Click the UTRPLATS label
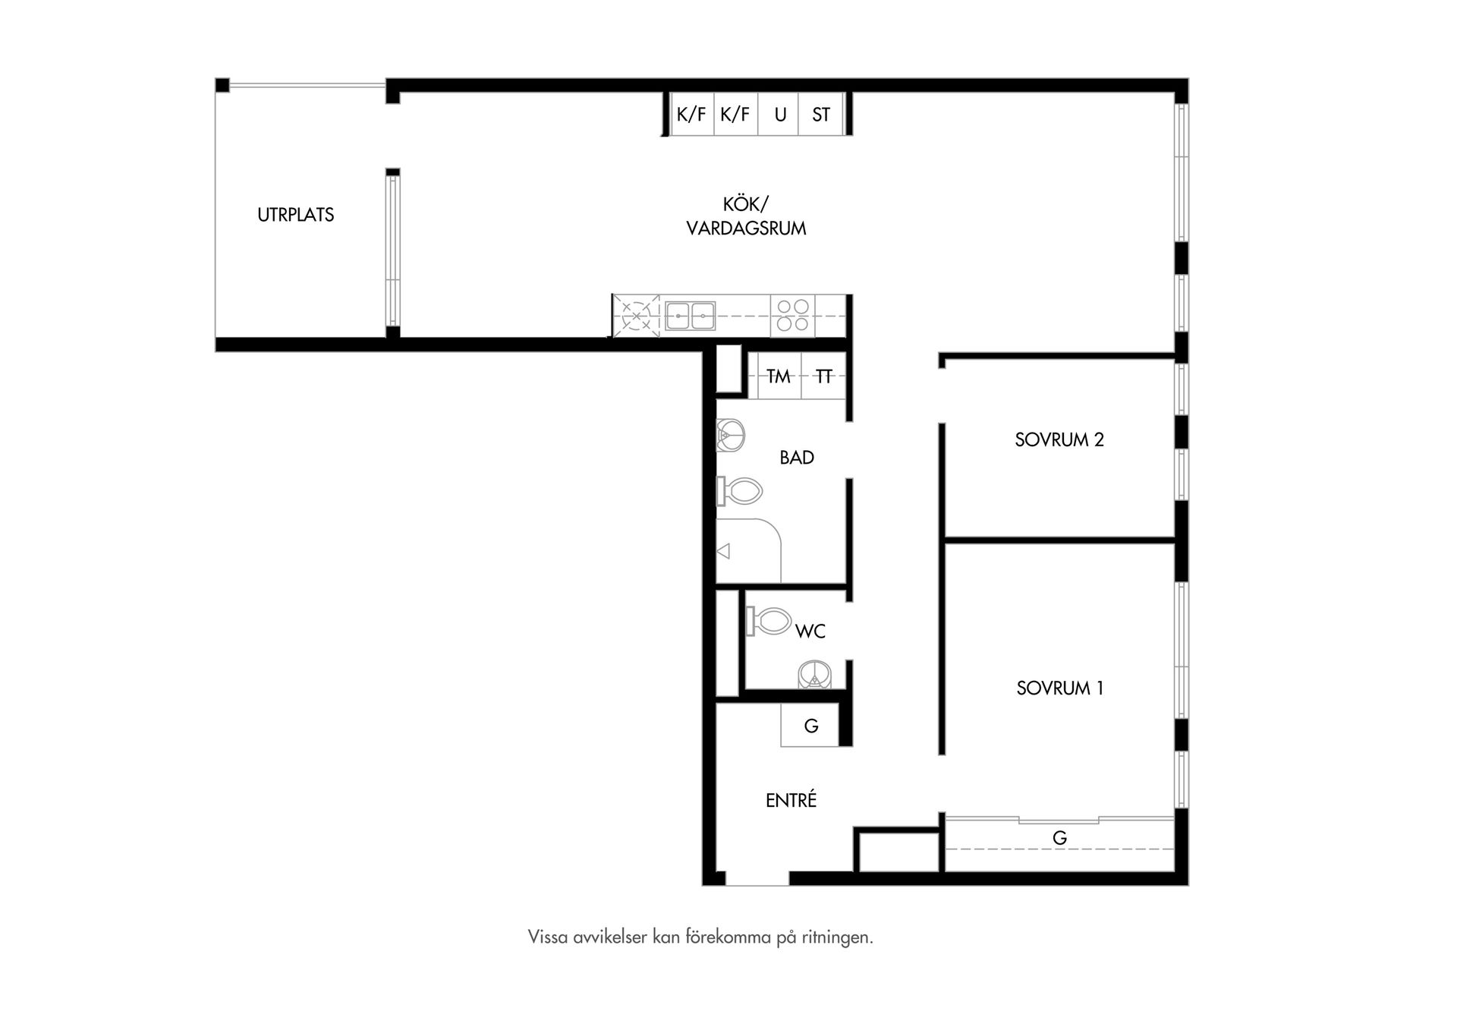pyautogui.click(x=295, y=215)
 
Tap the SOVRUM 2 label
pyautogui.click(x=1059, y=439)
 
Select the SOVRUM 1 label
pyautogui.click(x=1060, y=688)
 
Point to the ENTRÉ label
pyautogui.click(x=791, y=800)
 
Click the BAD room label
pyautogui.click(x=797, y=458)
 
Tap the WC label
pyautogui.click(x=810, y=631)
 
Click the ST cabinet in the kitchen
pyautogui.click(x=822, y=114)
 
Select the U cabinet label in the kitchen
pyautogui.click(x=780, y=115)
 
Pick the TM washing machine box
pyautogui.click(x=779, y=376)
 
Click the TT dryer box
pyautogui.click(x=823, y=376)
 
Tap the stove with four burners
pyautogui.click(x=793, y=316)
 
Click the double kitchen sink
pyautogui.click(x=691, y=316)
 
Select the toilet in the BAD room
pyautogui.click(x=739, y=492)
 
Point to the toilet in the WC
pyautogui.click(x=769, y=621)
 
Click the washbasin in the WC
pyautogui.click(x=815, y=674)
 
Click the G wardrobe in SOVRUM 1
pyautogui.click(x=1059, y=843)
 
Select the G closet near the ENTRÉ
pyautogui.click(x=810, y=725)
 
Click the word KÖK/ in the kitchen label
pyautogui.click(x=746, y=204)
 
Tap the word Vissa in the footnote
pyautogui.click(x=548, y=937)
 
